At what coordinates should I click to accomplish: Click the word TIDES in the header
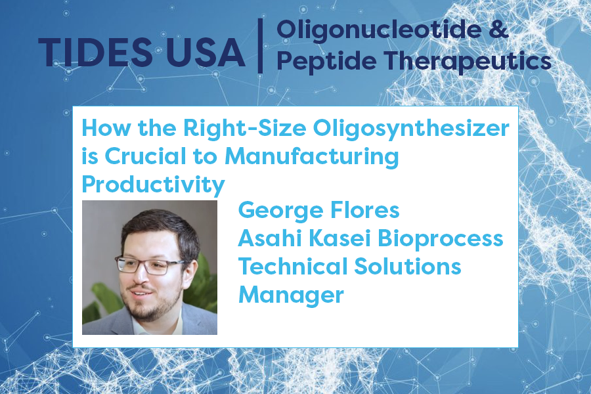tap(95, 53)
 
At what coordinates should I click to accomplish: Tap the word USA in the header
tap(206, 53)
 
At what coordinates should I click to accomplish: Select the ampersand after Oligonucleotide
tap(498, 29)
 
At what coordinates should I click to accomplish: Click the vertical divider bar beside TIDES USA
tap(260, 45)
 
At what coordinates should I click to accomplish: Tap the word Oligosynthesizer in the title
tap(411, 129)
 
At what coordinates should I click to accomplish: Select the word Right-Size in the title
tap(245, 129)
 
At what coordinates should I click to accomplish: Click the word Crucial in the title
tap(146, 156)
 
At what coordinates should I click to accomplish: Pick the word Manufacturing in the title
tap(312, 157)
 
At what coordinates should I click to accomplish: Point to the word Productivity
tap(153, 185)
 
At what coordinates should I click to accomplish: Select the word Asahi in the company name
tap(270, 238)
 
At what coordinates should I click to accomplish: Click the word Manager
tap(291, 295)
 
